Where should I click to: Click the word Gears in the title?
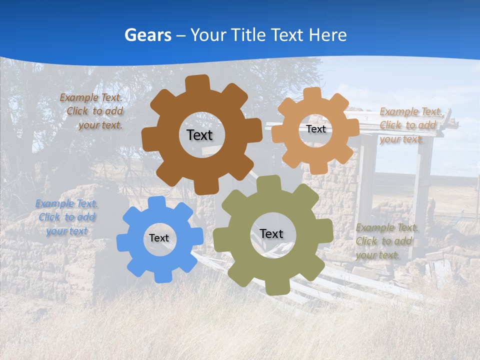pyautogui.click(x=147, y=35)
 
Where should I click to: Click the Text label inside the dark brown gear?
pyautogui.click(x=199, y=135)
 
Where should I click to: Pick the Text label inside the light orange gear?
pyautogui.click(x=315, y=129)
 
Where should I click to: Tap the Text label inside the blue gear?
pyautogui.click(x=159, y=238)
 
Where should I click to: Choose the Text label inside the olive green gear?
pyautogui.click(x=271, y=234)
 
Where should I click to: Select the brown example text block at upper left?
pyautogui.click(x=92, y=111)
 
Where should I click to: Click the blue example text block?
pyautogui.click(x=66, y=217)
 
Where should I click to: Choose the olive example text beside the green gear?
pyautogui.click(x=386, y=241)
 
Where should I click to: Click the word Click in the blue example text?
pyautogui.click(x=49, y=217)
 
